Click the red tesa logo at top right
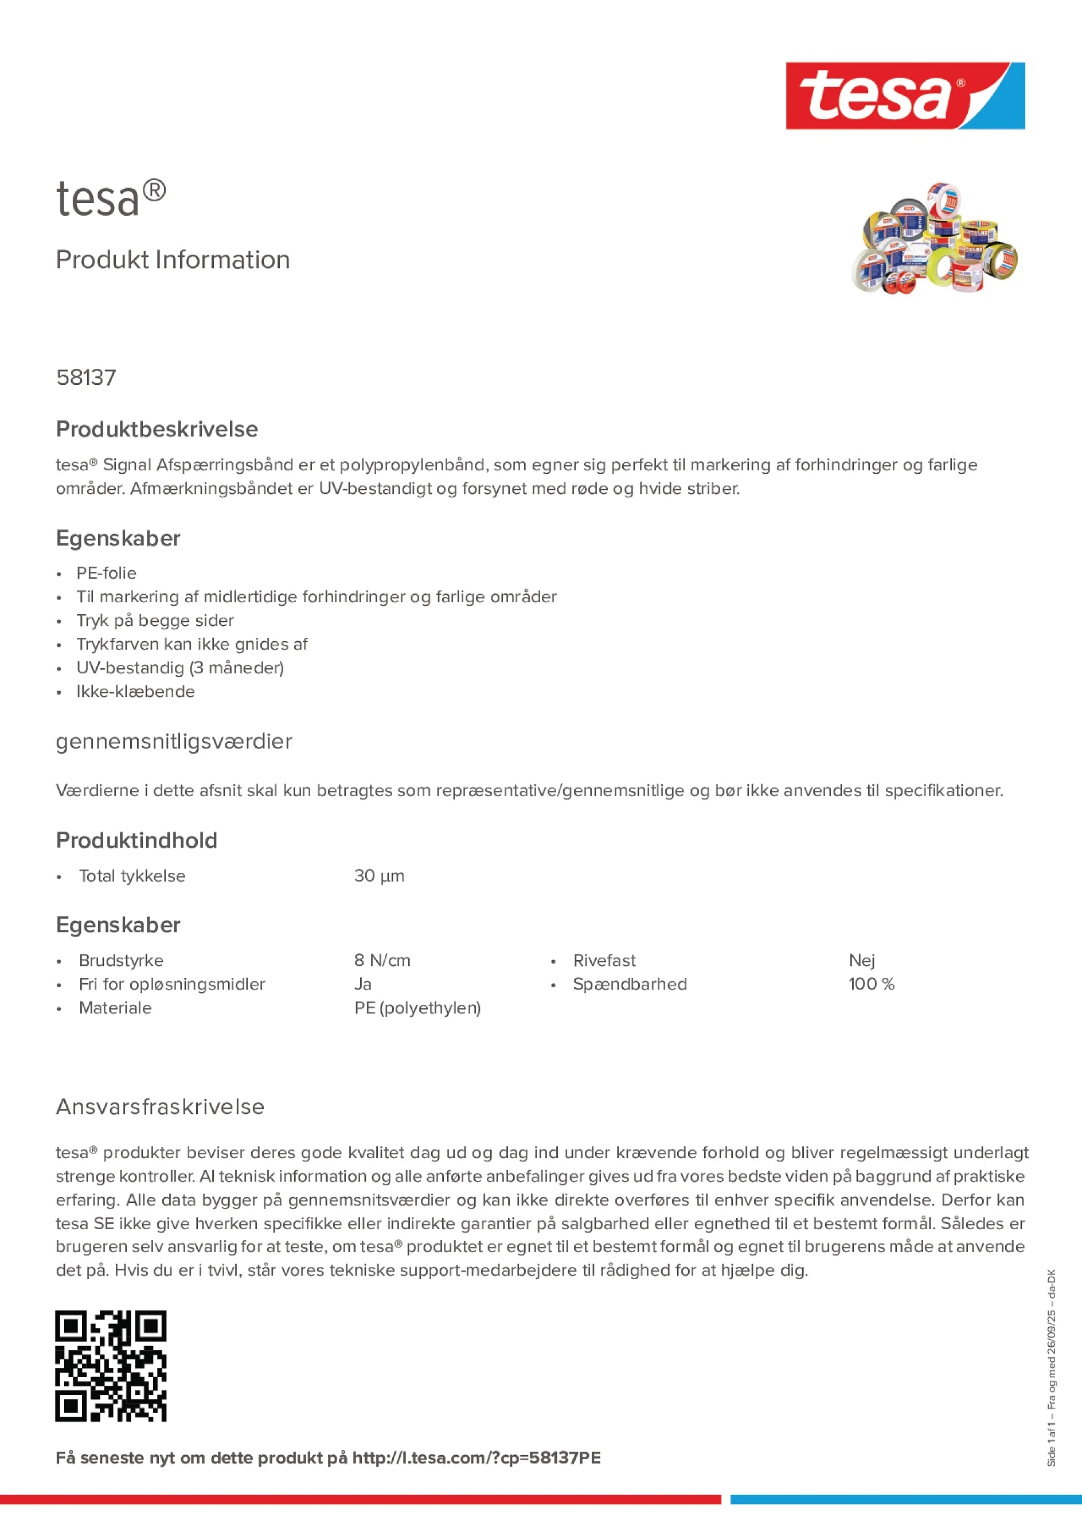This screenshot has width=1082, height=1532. tap(905, 96)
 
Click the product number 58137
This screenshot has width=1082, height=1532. tap(86, 377)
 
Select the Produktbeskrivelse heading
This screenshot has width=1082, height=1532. tap(157, 429)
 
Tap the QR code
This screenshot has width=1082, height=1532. tap(111, 1366)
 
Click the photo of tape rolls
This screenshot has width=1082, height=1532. tap(934, 238)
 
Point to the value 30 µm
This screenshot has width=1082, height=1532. tap(379, 875)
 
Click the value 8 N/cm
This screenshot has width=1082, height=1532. tap(382, 960)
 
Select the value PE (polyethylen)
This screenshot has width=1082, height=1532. tap(417, 1008)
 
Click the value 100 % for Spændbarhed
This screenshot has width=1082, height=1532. tap(870, 984)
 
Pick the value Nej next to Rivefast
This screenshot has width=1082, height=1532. tap(861, 960)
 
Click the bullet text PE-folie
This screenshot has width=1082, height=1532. tap(106, 573)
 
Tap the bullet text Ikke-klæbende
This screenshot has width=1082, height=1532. tap(135, 691)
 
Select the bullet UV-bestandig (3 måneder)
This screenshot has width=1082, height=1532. tap(180, 668)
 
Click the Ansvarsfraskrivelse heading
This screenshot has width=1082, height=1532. tap(160, 1106)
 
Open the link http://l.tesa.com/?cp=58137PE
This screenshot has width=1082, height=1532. tap(476, 1457)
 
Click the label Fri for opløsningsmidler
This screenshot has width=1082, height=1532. tap(171, 984)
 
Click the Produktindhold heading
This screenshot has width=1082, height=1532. tap(136, 840)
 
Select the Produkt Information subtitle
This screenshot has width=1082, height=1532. tap(173, 260)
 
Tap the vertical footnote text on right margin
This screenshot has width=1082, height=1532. tap(1051, 1367)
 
